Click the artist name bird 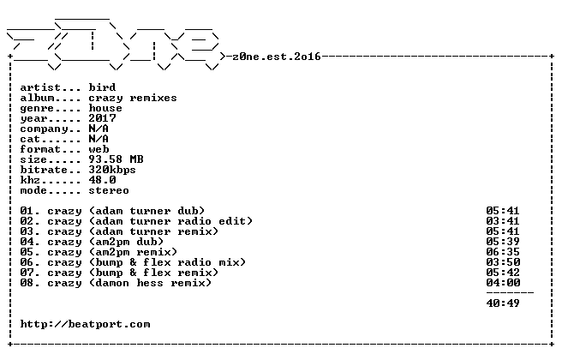(x=102, y=87)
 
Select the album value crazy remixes (x=133, y=98)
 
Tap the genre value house (x=105, y=108)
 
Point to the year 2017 (x=102, y=118)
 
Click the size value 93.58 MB (x=117, y=159)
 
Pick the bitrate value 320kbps (x=112, y=170)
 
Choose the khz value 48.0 (x=102, y=180)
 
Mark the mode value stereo (x=109, y=190)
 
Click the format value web (x=99, y=149)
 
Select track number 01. (x=27, y=211)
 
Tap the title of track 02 (x=150, y=221)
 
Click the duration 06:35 (x=503, y=252)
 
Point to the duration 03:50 (x=503, y=262)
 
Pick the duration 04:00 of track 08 (x=503, y=283)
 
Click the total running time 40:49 (x=503, y=303)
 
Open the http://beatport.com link (x=86, y=325)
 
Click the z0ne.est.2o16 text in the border (x=277, y=57)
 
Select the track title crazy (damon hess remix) (x=129, y=283)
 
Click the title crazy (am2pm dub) (x=105, y=242)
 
